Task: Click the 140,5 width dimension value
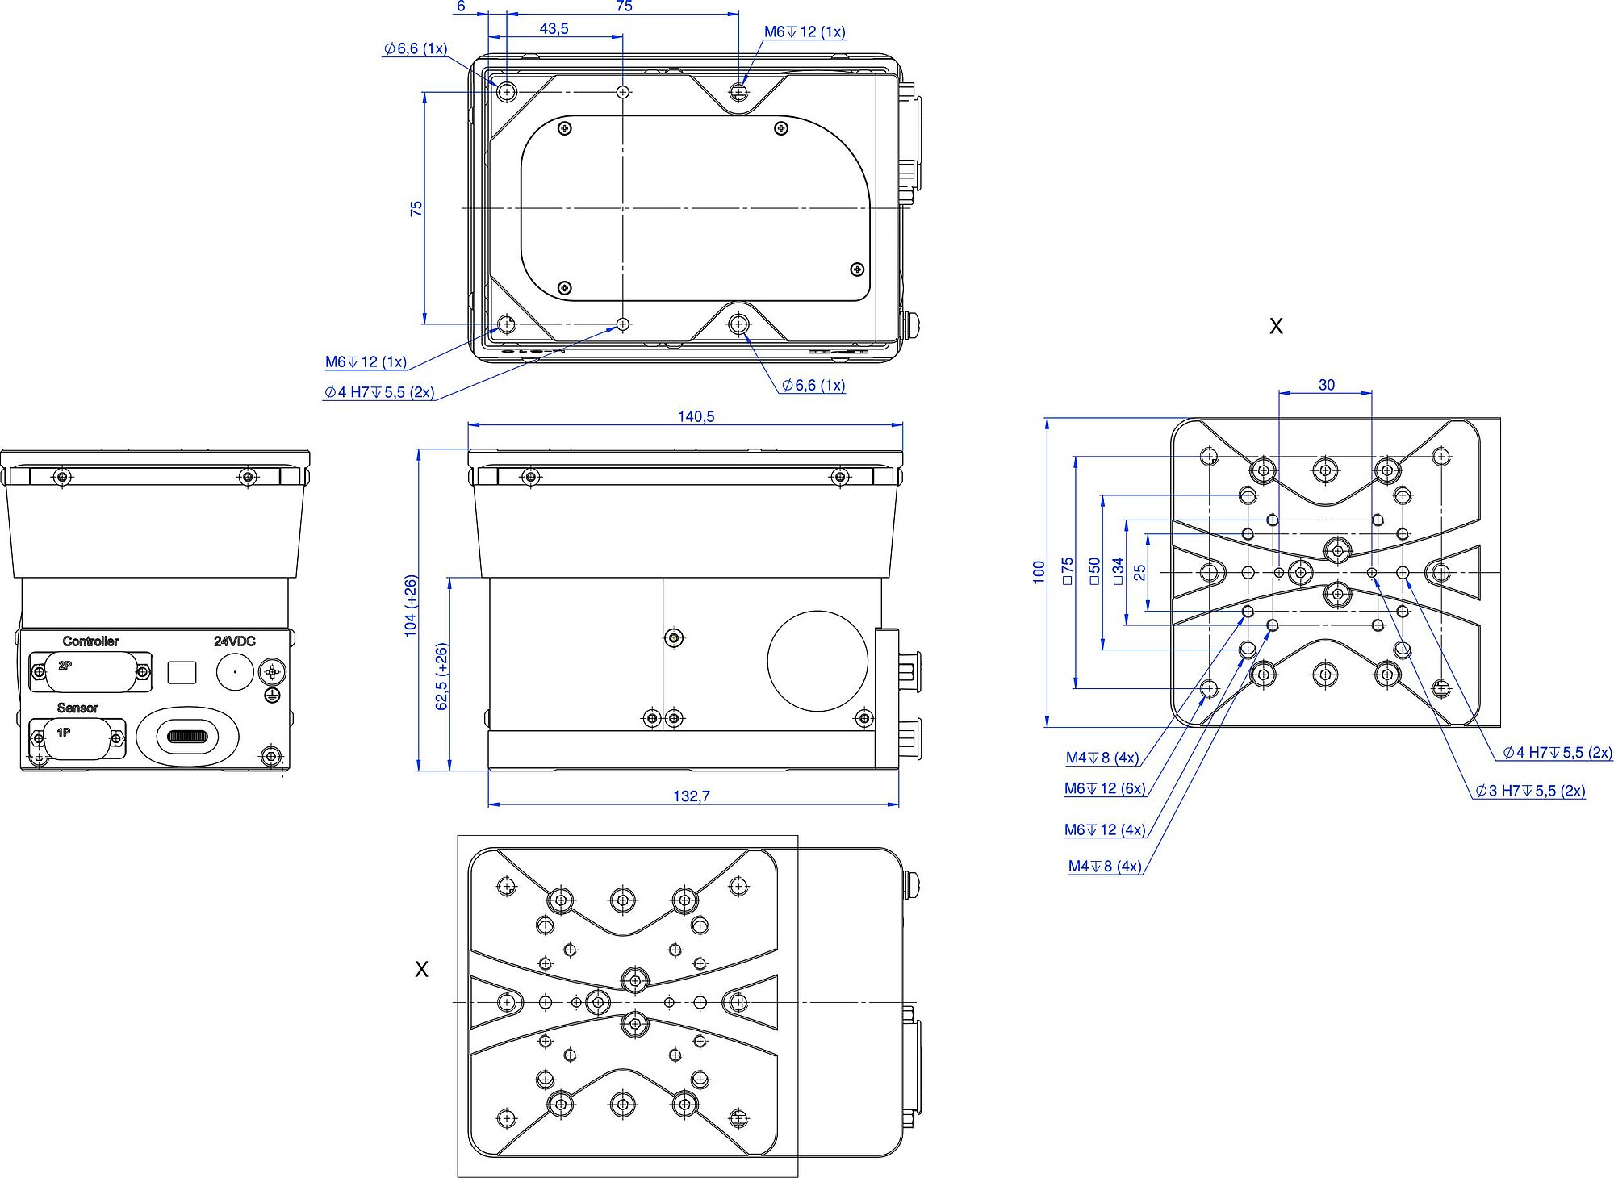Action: (x=696, y=416)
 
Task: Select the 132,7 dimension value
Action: (x=692, y=796)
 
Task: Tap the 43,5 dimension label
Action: (x=554, y=28)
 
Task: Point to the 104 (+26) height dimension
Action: (x=411, y=606)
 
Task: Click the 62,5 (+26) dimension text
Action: (x=441, y=676)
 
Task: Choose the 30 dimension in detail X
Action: (x=1327, y=385)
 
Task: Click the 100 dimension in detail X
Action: (x=1039, y=572)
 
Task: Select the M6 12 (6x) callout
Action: (x=1105, y=788)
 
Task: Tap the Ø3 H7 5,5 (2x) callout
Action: (x=1530, y=791)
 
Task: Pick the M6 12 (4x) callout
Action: (x=1105, y=829)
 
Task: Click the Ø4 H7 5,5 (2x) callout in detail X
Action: (x=1558, y=753)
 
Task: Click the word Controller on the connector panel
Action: (x=90, y=641)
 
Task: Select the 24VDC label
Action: (x=234, y=641)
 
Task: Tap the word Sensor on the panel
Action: (x=77, y=708)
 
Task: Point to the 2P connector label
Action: (x=65, y=666)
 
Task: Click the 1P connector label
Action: (x=63, y=733)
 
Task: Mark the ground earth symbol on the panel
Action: (x=272, y=696)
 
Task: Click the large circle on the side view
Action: (x=817, y=662)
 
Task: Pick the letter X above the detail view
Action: (x=1276, y=326)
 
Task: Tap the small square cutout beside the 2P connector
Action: (x=182, y=672)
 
